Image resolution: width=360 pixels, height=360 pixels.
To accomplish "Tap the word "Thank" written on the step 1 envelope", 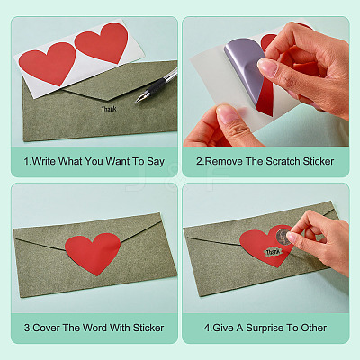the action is (109, 109).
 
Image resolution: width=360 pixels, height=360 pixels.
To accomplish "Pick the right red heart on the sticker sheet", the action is (102, 42).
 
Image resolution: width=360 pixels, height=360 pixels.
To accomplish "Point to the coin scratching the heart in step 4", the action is (283, 237).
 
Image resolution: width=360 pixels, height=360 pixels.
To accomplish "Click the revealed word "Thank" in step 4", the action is (273, 252).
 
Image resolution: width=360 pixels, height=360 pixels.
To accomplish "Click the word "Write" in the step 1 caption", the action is (44, 161).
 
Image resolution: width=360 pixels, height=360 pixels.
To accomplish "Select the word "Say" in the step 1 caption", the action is (156, 162).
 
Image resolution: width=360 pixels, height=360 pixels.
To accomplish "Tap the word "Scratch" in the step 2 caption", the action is (283, 161).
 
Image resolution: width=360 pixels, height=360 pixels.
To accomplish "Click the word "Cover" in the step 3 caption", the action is (46, 328).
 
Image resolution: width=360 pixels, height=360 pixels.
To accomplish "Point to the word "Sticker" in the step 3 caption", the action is (148, 328).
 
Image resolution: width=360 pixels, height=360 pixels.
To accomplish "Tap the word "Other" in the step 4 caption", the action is (313, 328).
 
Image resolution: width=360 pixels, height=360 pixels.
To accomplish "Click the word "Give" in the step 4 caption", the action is (223, 328).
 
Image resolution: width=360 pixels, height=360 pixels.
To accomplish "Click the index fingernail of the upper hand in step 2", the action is (267, 67).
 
